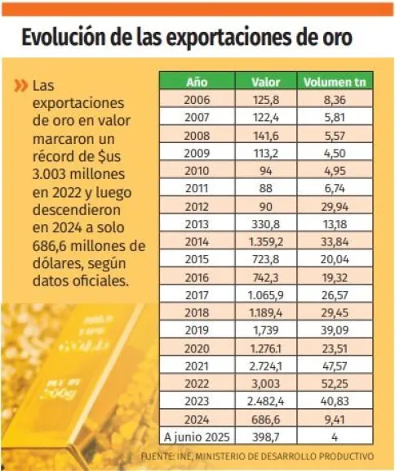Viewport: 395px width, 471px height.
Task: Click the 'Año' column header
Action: (197, 82)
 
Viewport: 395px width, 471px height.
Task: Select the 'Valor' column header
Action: (266, 82)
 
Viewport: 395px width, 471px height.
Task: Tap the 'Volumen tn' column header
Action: (335, 82)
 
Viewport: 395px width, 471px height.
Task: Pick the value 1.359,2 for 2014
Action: (266, 241)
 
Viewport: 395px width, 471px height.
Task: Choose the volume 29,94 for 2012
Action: (335, 206)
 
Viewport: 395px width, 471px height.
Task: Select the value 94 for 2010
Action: (266, 171)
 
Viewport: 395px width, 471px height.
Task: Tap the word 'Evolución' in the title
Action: (64, 38)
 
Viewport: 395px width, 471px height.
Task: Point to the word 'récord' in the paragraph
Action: (55, 157)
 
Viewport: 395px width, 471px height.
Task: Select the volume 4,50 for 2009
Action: (335, 153)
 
